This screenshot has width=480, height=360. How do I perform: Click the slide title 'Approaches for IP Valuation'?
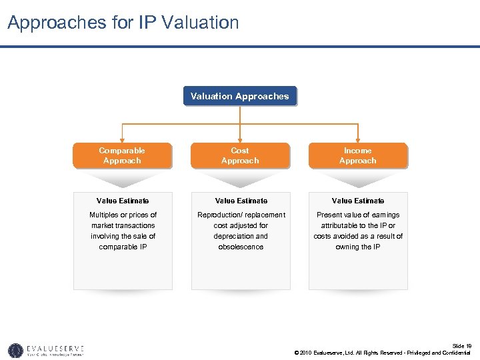pos(123,23)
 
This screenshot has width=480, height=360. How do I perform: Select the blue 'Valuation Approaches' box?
pos(239,96)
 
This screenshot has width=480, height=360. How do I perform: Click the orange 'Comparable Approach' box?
pos(122,155)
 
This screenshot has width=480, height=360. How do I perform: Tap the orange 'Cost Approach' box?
pos(240,155)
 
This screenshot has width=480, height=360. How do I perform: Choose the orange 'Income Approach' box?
pos(357,155)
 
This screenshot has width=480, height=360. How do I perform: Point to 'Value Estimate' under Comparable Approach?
pos(123,201)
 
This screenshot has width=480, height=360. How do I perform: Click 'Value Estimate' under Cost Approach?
pos(240,201)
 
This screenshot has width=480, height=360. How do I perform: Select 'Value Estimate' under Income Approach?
pos(358,201)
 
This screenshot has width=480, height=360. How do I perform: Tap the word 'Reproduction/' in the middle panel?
pos(221,215)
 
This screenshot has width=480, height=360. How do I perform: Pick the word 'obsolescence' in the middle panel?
pos(240,247)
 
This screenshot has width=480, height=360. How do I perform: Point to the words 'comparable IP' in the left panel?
pos(123,247)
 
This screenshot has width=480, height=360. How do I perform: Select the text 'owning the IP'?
pos(358,247)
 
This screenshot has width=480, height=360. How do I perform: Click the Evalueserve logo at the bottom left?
pos(46,350)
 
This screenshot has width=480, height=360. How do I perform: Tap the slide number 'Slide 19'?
pos(461,345)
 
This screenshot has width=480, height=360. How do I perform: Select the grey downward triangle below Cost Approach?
pos(240,179)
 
